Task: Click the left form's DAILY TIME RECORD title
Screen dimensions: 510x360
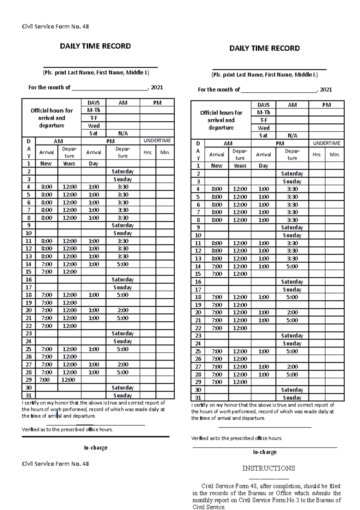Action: tap(95, 46)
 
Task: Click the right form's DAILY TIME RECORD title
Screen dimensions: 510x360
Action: tap(264, 48)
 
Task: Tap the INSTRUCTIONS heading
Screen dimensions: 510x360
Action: tap(268, 468)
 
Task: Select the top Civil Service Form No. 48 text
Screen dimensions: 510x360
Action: tap(55, 26)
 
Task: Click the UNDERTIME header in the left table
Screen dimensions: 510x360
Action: tap(157, 141)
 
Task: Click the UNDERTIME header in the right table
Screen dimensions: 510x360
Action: tap(327, 143)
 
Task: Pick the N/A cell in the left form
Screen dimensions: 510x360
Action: tap(123, 133)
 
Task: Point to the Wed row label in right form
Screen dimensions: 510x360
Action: tap(263, 128)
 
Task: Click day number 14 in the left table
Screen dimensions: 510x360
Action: tap(28, 264)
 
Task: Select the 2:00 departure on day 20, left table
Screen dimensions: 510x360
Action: tap(123, 310)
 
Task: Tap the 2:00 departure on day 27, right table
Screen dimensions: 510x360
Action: tap(292, 366)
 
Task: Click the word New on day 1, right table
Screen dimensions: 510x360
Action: tap(217, 166)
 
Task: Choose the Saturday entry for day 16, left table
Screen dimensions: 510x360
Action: tap(122, 279)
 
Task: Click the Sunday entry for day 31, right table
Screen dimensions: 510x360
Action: tap(292, 398)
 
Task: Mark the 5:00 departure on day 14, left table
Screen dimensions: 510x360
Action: tap(123, 264)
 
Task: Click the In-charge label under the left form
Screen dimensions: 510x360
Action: tap(95, 448)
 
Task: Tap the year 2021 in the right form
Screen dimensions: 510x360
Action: tap(326, 90)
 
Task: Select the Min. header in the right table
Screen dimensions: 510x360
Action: tap(334, 155)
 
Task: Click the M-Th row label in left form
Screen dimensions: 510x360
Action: tap(94, 110)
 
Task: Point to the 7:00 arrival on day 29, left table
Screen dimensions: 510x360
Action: tap(44, 380)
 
